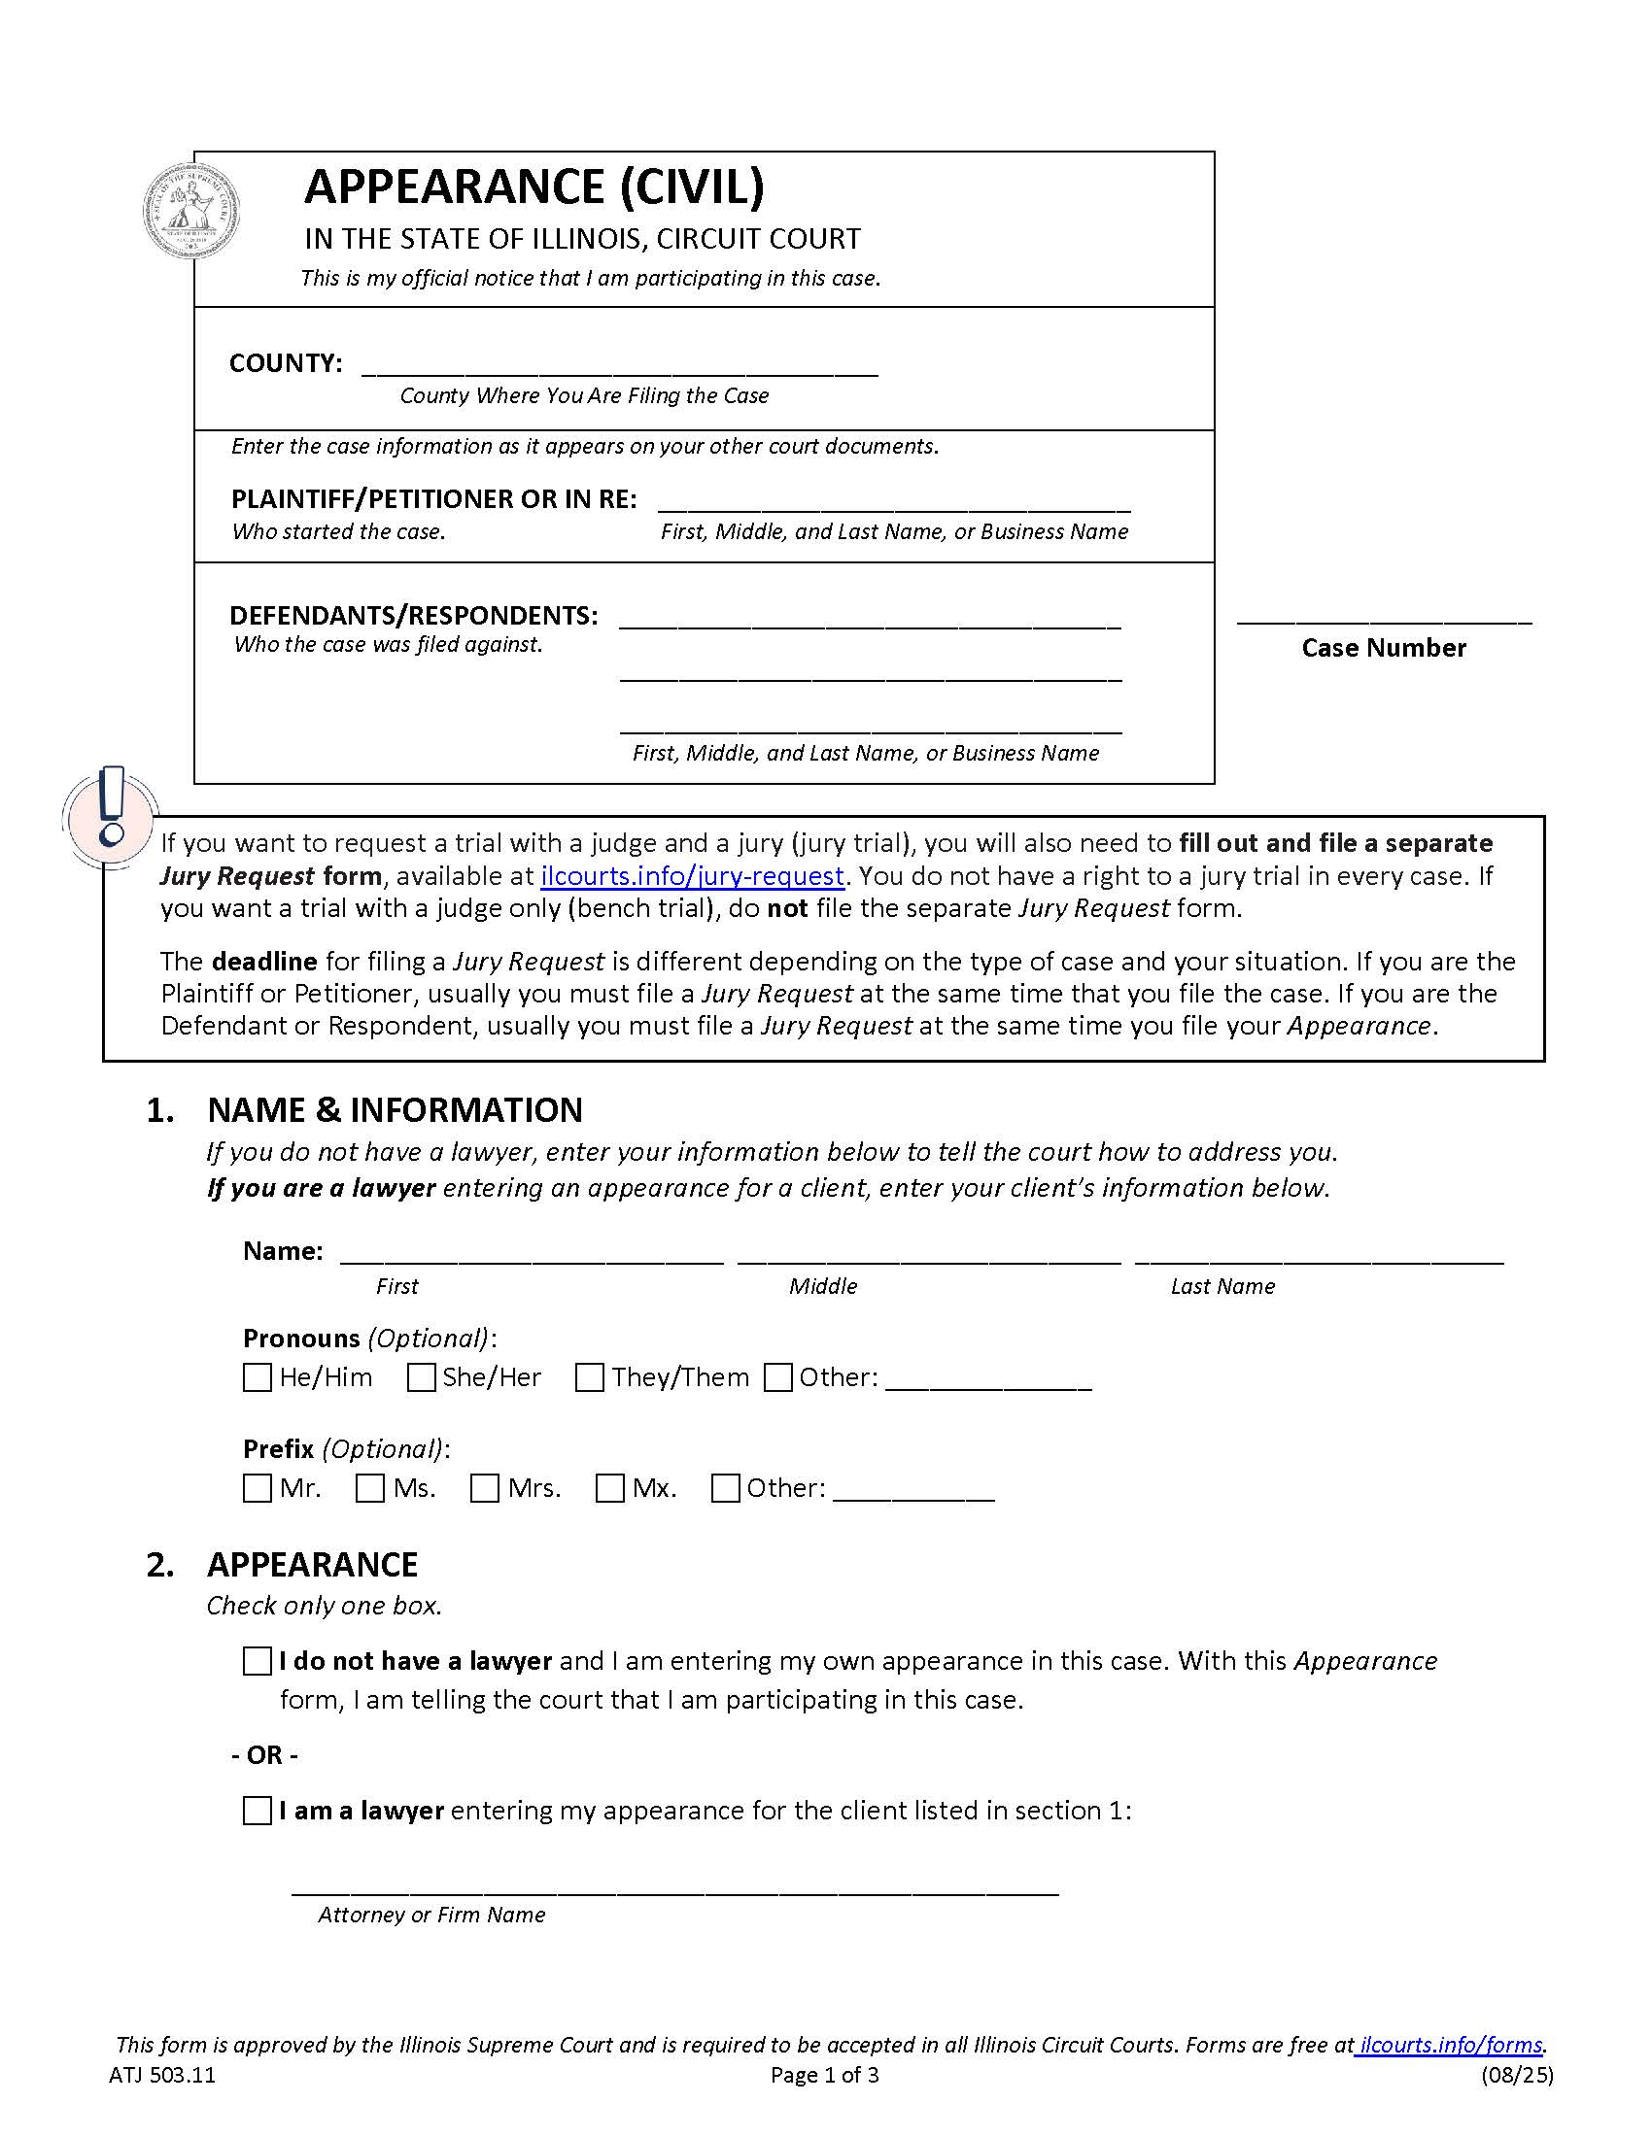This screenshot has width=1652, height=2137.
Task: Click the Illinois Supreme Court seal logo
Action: coord(192,212)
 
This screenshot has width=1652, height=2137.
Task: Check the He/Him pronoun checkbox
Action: coord(257,1377)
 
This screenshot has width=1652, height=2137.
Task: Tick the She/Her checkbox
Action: coord(421,1377)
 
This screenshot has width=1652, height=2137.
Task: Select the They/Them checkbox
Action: coord(589,1377)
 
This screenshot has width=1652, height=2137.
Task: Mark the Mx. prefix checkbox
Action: coord(609,1488)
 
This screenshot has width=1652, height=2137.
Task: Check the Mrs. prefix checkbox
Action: coord(485,1488)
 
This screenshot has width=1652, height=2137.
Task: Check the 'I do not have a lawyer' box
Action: coord(257,1661)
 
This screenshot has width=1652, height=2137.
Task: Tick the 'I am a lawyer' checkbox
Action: coord(257,1811)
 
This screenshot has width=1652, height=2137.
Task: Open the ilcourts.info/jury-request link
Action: coord(692,875)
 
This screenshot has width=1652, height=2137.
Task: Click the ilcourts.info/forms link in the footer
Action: coord(1451,2045)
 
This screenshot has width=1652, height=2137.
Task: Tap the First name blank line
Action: coord(532,1258)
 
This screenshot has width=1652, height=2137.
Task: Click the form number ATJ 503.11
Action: coord(162,2076)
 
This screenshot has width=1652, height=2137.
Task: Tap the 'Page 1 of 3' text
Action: coord(824,2076)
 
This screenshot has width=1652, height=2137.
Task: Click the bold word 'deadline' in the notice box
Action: coord(264,961)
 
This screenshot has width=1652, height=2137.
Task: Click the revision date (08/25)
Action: coord(1516,2076)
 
